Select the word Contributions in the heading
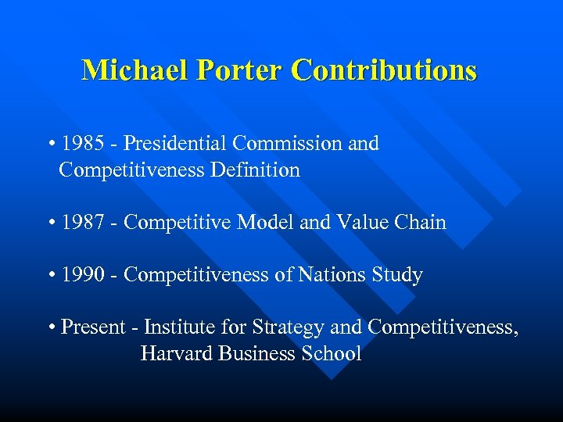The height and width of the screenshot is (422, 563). [x=384, y=71]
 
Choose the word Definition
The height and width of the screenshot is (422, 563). [x=255, y=170]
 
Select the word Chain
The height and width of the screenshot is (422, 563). [x=420, y=223]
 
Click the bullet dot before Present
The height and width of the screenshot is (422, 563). [x=51, y=327]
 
